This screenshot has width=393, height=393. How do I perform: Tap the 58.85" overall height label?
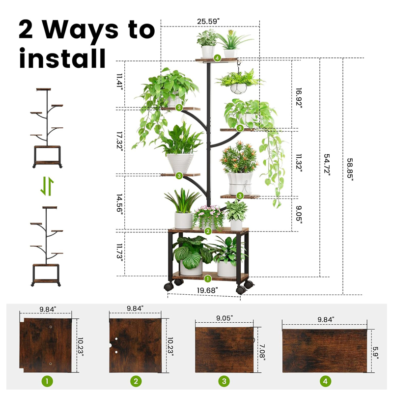[x=350, y=169]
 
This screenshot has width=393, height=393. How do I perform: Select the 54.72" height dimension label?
[x=327, y=165]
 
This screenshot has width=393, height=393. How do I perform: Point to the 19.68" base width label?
[x=207, y=290]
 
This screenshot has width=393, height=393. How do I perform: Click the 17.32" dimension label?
[x=120, y=141]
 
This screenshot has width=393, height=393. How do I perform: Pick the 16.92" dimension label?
[x=299, y=98]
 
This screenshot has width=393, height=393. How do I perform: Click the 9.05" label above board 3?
[x=225, y=318]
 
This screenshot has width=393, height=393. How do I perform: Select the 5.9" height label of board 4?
[x=376, y=352]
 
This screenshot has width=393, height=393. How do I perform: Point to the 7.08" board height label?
[x=262, y=352]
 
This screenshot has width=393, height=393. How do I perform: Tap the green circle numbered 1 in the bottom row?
[x=47, y=381]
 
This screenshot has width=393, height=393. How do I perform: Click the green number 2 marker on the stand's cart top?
[x=208, y=231]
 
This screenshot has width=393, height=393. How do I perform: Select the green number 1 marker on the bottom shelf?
[x=208, y=279]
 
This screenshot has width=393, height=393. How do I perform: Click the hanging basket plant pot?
[x=238, y=88]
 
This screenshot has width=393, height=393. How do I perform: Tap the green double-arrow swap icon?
[x=47, y=186]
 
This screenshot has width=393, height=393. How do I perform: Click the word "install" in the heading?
[x=62, y=58]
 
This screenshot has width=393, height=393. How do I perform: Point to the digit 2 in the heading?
[x=26, y=29]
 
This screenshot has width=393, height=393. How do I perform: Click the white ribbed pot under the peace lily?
[x=180, y=163]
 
